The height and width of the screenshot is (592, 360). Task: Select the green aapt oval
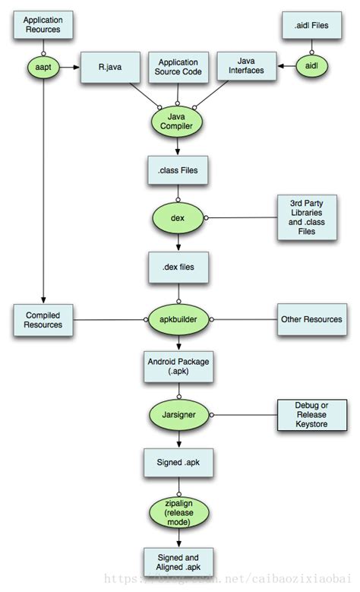pyautogui.click(x=43, y=68)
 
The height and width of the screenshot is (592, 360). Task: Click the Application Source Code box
pyautogui.click(x=177, y=68)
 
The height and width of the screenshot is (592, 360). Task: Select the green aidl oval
pyautogui.click(x=311, y=68)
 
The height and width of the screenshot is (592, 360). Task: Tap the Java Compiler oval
pyautogui.click(x=177, y=122)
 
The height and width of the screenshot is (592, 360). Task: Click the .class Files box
pyautogui.click(x=177, y=171)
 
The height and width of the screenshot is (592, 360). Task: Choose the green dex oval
pyautogui.click(x=177, y=217)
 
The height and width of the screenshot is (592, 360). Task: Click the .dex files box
pyautogui.click(x=177, y=267)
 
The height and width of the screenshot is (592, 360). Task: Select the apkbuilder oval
pyautogui.click(x=177, y=320)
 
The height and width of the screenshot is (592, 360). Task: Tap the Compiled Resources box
pyautogui.click(x=43, y=320)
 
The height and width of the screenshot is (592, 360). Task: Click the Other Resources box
pyautogui.click(x=310, y=320)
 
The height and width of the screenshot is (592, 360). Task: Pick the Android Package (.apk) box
pyautogui.click(x=177, y=367)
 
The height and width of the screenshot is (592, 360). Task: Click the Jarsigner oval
pyautogui.click(x=177, y=415)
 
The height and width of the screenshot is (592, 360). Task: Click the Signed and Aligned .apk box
pyautogui.click(x=177, y=559)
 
